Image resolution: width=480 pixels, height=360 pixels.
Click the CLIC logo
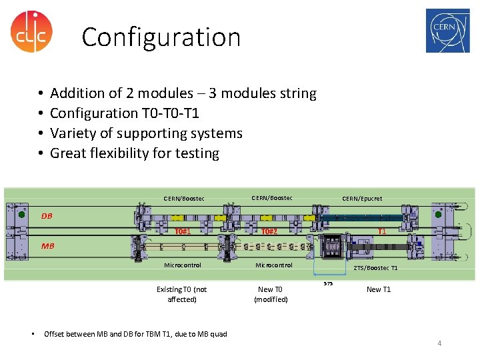coord(31,31)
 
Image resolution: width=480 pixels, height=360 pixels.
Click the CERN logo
coord(447,31)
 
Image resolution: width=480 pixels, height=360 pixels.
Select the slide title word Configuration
coord(161,37)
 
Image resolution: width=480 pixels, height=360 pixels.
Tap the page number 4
coord(439,343)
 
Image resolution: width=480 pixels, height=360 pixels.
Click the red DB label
coord(47,216)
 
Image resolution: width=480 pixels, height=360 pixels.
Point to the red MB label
coord(47,246)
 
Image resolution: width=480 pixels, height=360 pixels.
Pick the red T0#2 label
coord(269,231)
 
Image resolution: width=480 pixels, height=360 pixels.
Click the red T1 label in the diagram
coord(382,231)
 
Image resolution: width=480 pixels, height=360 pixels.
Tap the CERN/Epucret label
coord(362,198)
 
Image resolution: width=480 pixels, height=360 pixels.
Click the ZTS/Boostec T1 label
coord(375,268)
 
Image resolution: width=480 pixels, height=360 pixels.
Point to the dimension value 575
coord(327,283)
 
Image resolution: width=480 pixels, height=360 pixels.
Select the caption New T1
coord(379,289)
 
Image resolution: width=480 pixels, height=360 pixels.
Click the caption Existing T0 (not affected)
coord(181,294)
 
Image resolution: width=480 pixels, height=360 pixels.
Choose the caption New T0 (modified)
coord(271,294)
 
